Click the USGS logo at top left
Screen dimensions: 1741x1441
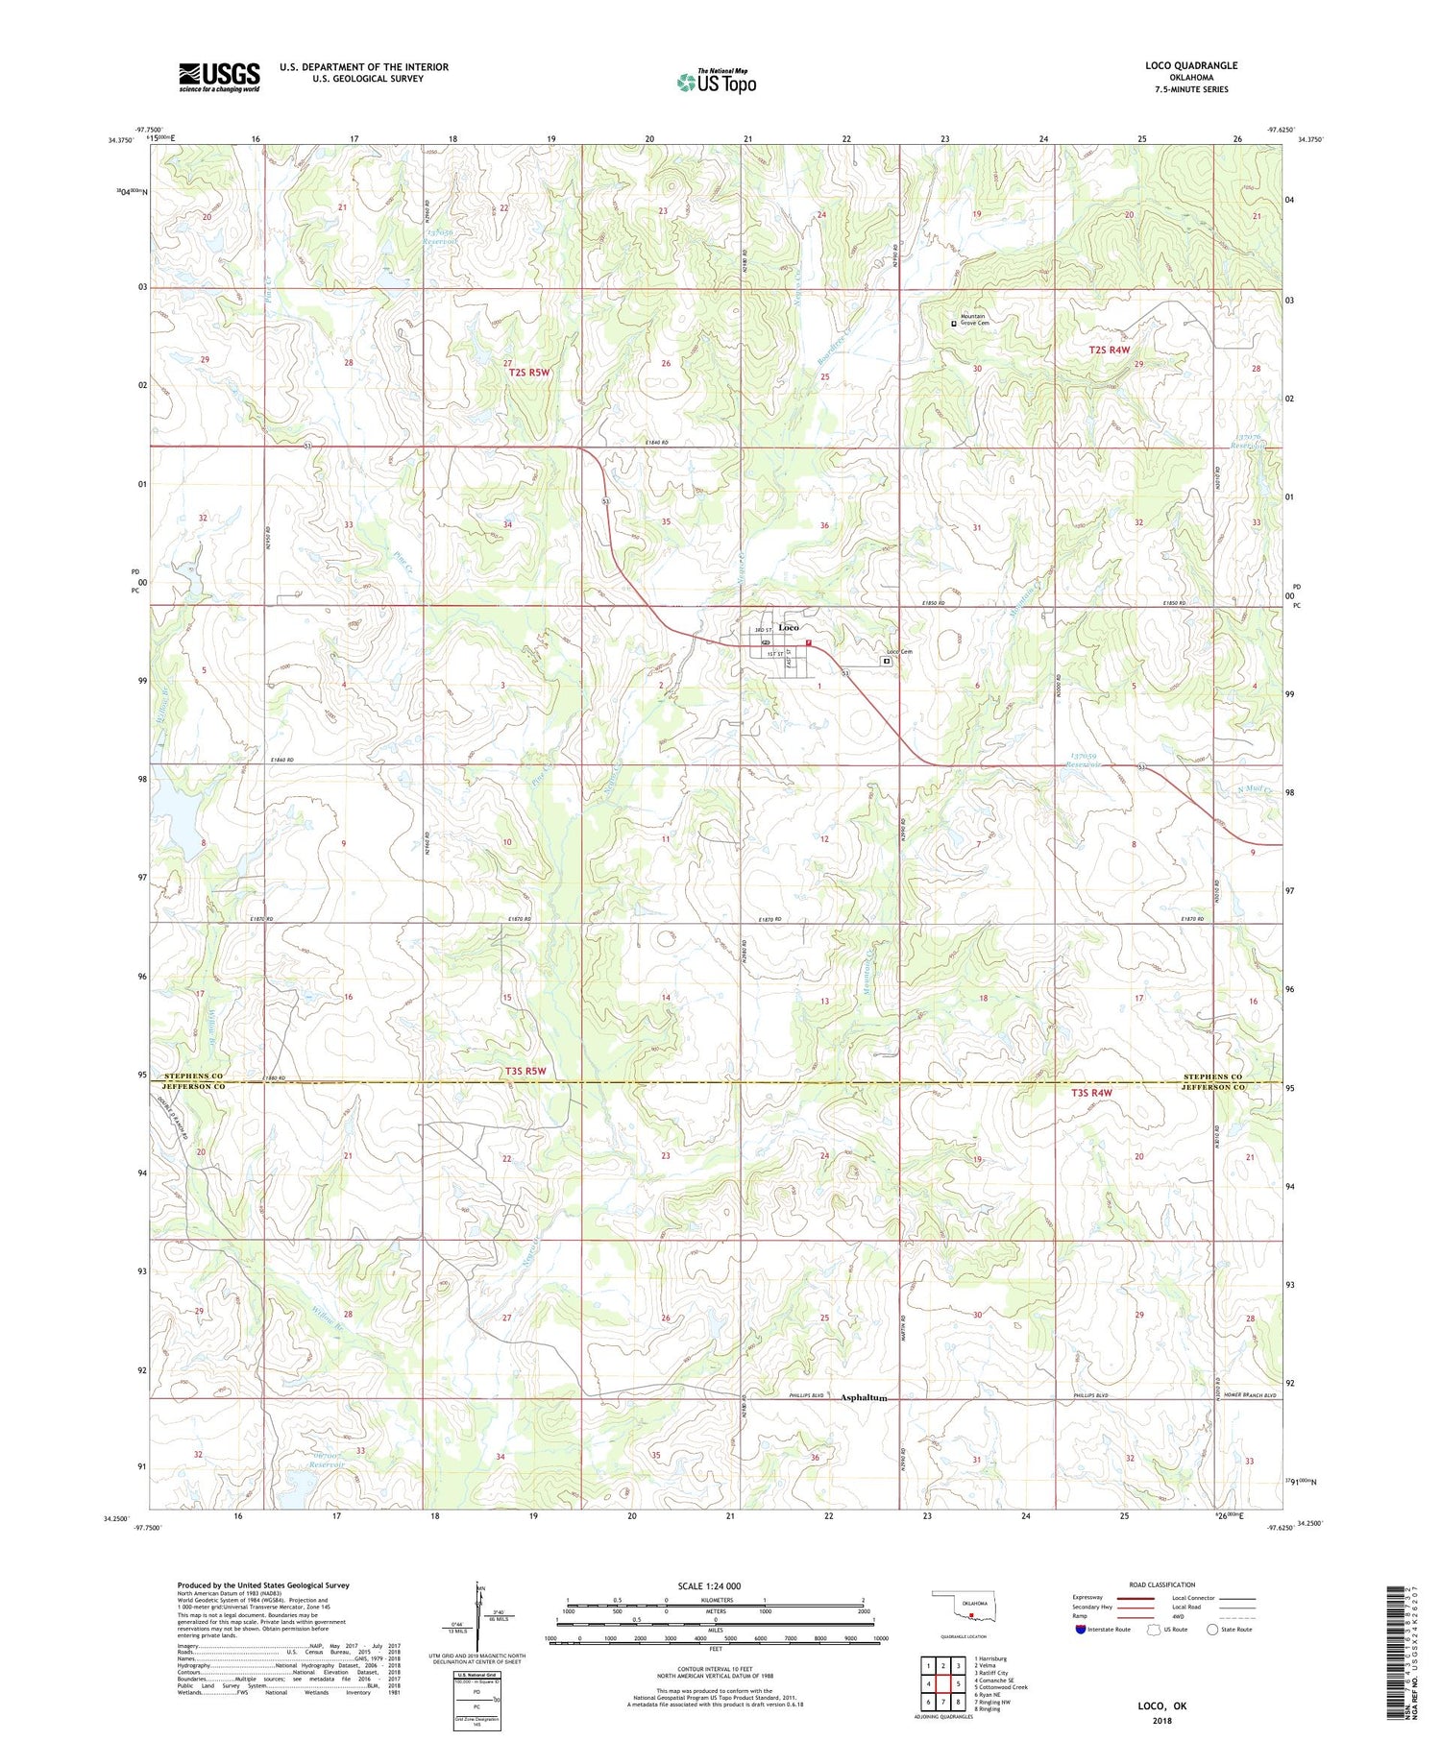coord(219,77)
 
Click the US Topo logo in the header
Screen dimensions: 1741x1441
coord(716,83)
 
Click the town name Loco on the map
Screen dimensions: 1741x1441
coord(789,627)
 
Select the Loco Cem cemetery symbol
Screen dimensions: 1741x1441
coord(887,661)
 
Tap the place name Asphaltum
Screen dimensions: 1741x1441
coord(863,1397)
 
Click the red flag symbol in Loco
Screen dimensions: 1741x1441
coord(810,643)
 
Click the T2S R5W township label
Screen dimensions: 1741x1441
coord(530,373)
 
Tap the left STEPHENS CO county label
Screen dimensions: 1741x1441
coord(193,1076)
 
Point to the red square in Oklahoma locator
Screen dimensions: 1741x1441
coord(971,1615)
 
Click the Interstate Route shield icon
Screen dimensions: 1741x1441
coord(1081,1630)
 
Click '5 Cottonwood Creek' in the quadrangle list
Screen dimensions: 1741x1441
coord(1001,1686)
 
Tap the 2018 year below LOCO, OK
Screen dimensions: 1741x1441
coord(1162,1719)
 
